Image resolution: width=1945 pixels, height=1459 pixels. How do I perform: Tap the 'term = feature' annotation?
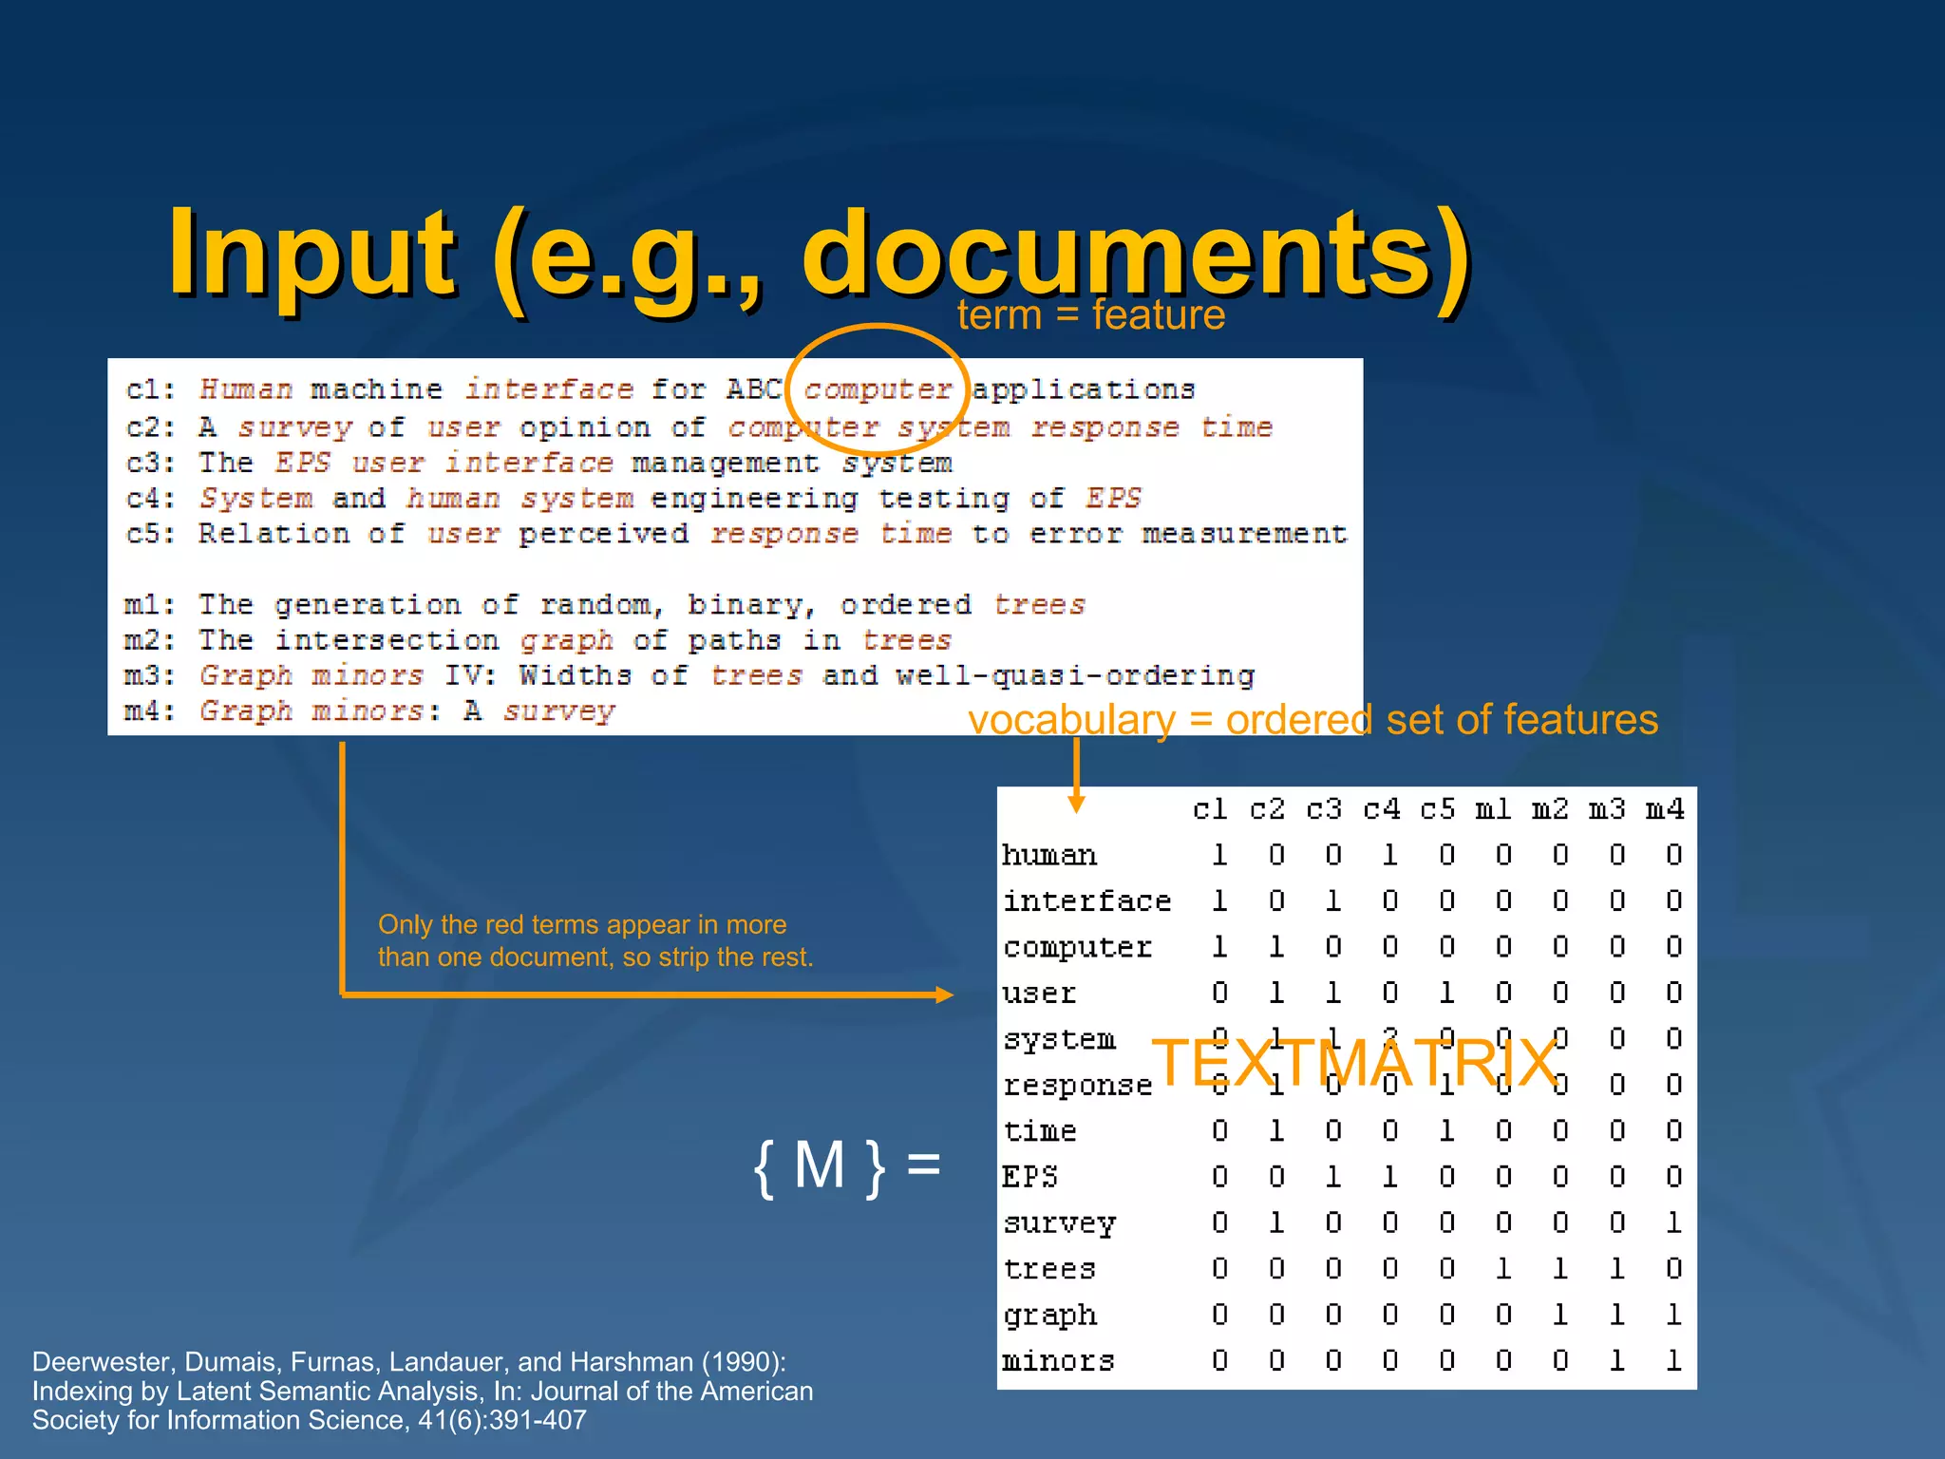(1090, 315)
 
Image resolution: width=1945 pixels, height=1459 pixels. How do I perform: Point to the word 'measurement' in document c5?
(1244, 534)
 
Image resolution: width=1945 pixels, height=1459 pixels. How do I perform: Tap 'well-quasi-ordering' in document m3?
(1075, 675)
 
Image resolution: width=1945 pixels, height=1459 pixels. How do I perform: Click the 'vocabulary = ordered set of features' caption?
(1312, 720)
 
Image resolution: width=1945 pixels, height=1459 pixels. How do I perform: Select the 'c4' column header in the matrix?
(1381, 809)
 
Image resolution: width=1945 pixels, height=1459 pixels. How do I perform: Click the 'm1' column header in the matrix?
(1494, 809)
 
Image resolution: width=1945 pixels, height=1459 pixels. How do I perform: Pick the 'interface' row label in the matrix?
(1086, 900)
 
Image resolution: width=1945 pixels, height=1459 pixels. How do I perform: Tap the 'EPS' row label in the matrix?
(1029, 1177)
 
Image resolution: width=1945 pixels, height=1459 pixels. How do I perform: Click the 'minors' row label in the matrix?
(1058, 1361)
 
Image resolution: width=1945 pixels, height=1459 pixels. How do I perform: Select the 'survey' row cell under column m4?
(1673, 1222)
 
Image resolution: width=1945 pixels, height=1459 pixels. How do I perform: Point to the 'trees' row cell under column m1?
(1503, 1269)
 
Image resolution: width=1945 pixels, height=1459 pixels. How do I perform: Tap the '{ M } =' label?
(846, 1165)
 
